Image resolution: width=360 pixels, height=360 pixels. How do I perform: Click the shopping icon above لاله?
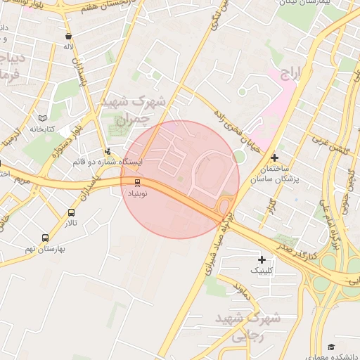click(68, 36)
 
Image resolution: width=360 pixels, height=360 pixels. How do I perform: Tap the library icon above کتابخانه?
click(43, 118)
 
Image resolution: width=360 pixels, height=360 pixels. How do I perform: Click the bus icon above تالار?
click(72, 213)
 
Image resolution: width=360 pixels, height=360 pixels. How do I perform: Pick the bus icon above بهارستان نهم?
click(46, 238)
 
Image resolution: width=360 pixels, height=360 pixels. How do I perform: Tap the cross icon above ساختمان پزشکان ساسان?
click(274, 158)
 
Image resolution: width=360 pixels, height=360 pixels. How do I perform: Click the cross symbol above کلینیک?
click(262, 260)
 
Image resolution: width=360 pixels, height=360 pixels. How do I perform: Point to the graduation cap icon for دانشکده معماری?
click(331, 347)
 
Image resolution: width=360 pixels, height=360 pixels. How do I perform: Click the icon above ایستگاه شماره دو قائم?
click(108, 150)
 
